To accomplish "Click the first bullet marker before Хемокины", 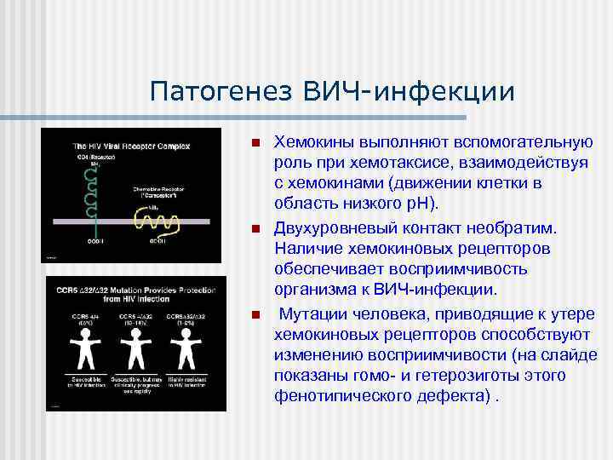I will (253, 142).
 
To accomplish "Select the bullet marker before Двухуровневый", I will (253, 229).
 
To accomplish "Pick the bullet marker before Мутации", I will (253, 316).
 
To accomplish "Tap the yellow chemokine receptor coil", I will (157, 222).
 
